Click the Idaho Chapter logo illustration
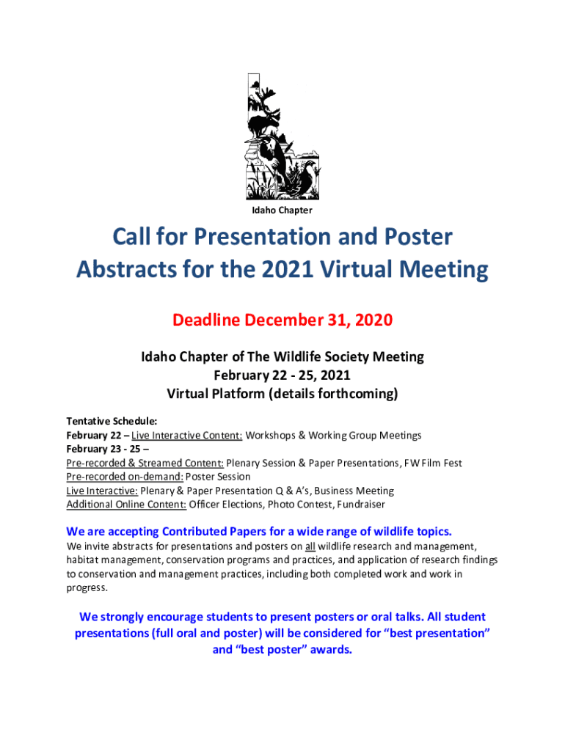tap(282, 136)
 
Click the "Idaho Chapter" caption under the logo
tap(282, 210)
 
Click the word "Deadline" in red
tap(207, 320)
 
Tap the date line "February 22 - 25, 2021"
tap(282, 375)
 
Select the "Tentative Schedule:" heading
tap(112, 422)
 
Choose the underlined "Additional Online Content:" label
tap(125, 505)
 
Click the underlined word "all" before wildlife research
tap(310, 546)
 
